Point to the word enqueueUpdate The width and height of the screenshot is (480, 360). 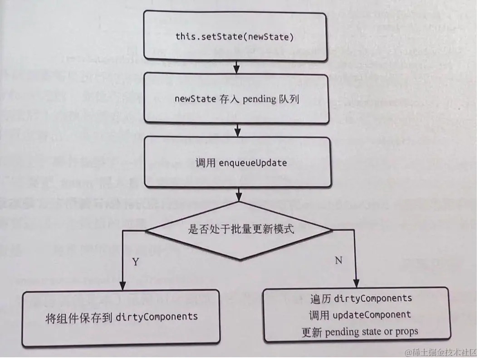click(253, 163)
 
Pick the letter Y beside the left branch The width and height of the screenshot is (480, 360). click(135, 262)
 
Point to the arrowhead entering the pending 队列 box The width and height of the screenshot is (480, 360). click(236, 70)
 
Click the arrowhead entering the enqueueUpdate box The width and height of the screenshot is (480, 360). click(236, 133)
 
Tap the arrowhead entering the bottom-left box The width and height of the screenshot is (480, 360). click(122, 286)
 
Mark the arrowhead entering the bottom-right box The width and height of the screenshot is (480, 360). click(357, 282)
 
